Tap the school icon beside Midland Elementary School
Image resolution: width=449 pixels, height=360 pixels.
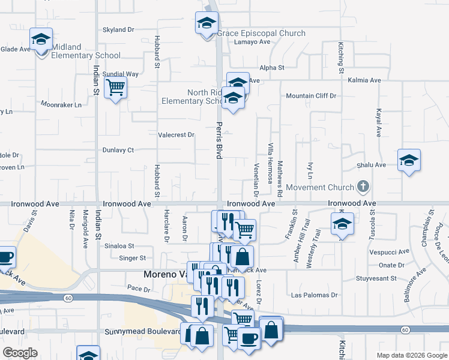tap(41, 40)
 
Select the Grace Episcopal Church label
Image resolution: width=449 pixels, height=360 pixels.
tap(261, 34)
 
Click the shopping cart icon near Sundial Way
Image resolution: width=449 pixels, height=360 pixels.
tap(115, 88)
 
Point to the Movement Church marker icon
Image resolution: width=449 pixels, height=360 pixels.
tap(363, 187)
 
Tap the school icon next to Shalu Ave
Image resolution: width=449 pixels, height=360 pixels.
tap(409, 160)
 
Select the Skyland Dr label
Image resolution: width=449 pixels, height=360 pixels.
tap(118, 29)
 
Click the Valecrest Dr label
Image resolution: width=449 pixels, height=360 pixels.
tap(176, 135)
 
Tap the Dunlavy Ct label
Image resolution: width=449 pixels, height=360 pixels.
tap(118, 150)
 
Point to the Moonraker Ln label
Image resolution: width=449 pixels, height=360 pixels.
tap(61, 104)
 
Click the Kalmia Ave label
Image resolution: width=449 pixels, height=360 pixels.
tap(367, 80)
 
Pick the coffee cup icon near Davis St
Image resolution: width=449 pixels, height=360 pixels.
tap(5, 257)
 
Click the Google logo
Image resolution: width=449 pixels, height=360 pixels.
tap(20, 353)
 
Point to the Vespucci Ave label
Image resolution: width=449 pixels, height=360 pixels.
tap(387, 252)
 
